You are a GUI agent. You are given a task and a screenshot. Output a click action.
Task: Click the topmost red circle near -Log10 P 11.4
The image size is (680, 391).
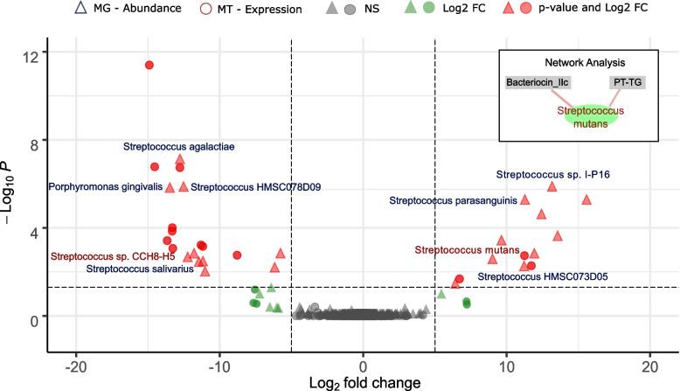(149, 66)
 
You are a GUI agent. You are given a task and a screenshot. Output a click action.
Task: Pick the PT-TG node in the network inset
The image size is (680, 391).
(627, 83)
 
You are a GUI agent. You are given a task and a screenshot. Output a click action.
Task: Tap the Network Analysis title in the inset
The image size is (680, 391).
(584, 63)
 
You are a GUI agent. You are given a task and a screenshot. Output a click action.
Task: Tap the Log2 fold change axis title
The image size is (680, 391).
(363, 382)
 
